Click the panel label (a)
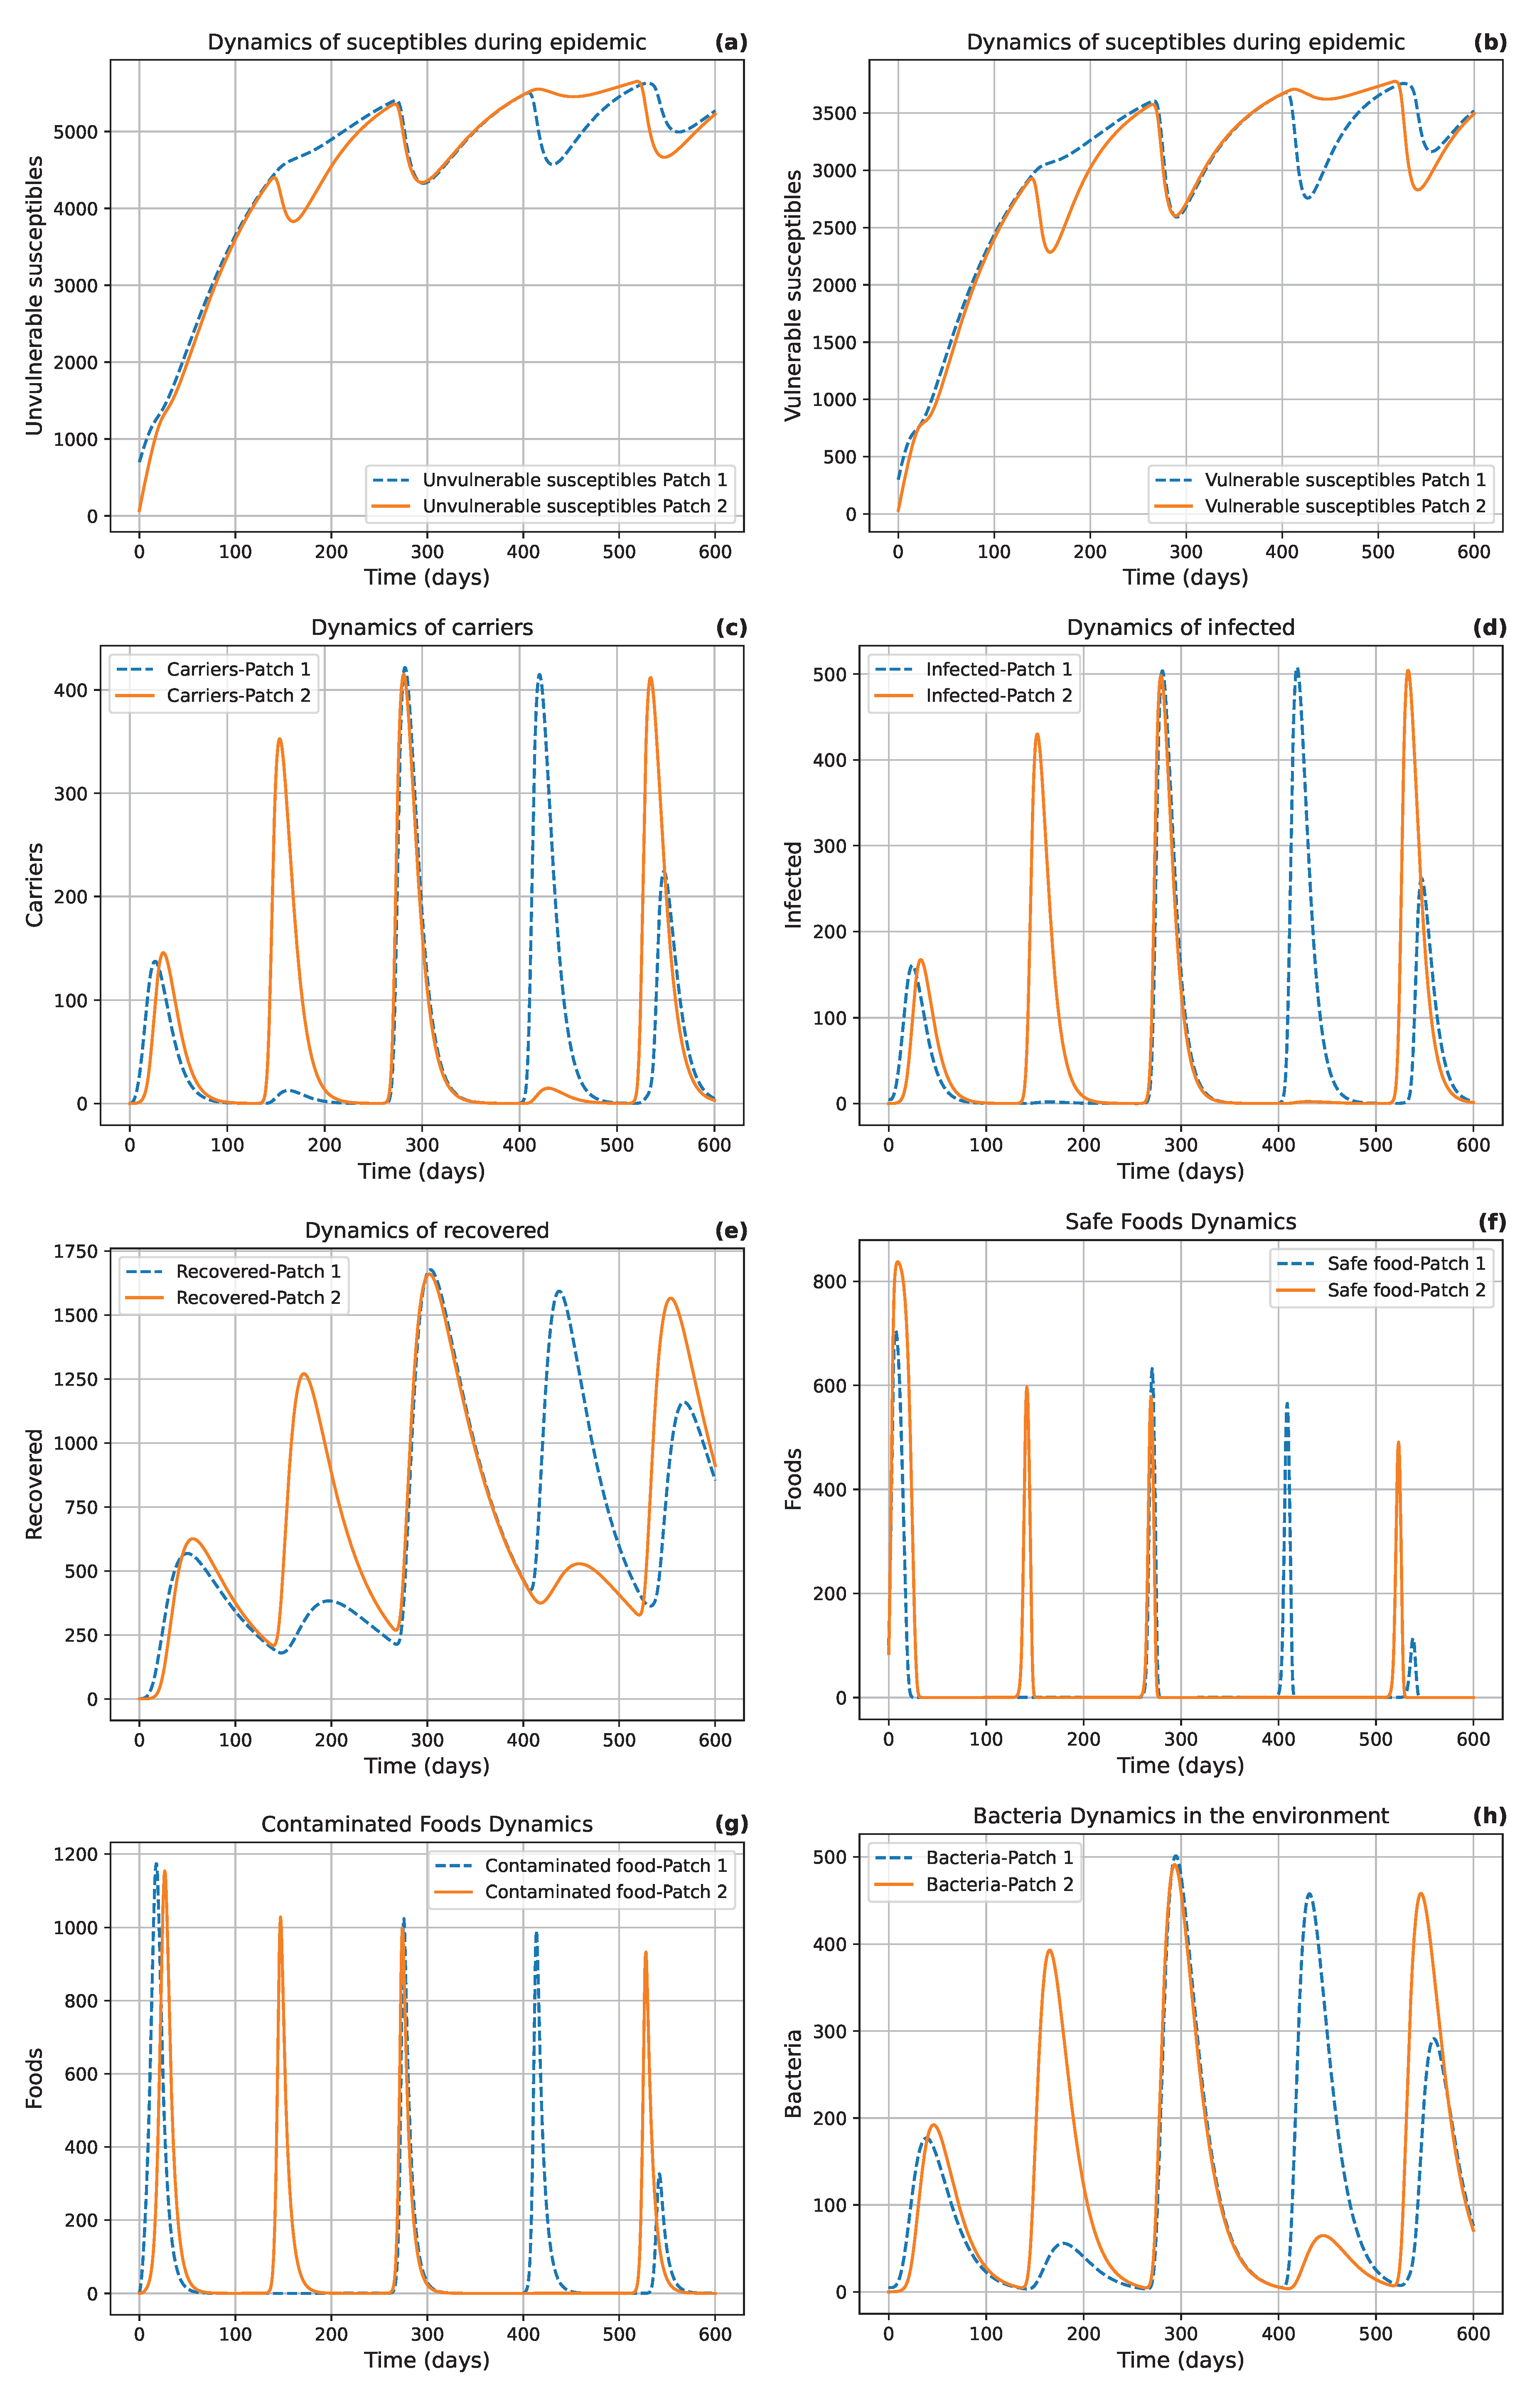pyautogui.click(x=730, y=42)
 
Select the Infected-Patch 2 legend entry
pyautogui.click(x=998, y=696)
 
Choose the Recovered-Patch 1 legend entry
pyautogui.click(x=258, y=1271)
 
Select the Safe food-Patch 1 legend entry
pyautogui.click(x=1405, y=1264)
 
